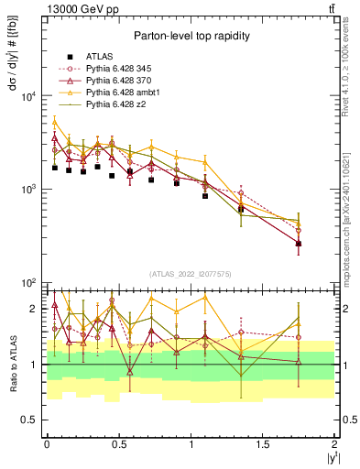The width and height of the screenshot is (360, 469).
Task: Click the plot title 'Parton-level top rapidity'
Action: pyautogui.click(x=191, y=36)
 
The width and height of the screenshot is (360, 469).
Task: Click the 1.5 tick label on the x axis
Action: pyautogui.click(x=263, y=443)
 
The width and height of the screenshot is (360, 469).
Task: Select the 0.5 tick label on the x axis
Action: pyautogui.click(x=118, y=443)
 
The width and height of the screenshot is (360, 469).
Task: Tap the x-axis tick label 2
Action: pyautogui.click(x=335, y=443)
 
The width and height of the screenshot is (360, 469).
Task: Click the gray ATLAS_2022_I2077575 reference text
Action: pyautogui.click(x=191, y=274)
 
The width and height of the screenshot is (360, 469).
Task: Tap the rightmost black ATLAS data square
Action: pyautogui.click(x=299, y=244)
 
